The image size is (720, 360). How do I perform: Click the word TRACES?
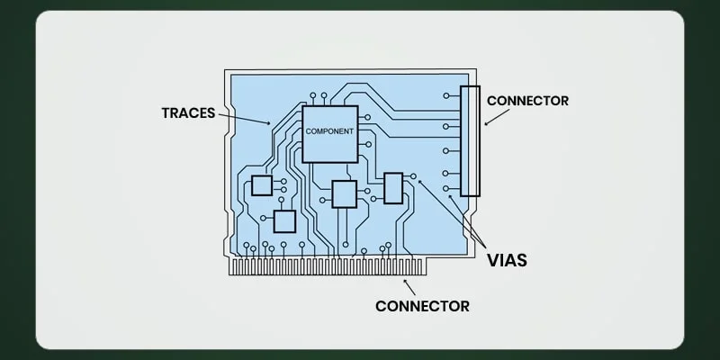click(188, 113)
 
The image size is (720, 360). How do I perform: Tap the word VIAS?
click(507, 261)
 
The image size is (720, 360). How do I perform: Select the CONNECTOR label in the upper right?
click(527, 101)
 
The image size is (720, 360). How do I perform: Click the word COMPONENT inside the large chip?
click(329, 131)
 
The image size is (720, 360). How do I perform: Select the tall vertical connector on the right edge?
click(470, 140)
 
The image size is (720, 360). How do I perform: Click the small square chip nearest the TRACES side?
click(262, 185)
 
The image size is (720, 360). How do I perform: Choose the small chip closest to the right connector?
click(392, 187)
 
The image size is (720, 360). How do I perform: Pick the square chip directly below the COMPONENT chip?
click(344, 193)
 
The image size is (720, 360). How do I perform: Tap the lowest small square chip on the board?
click(284, 221)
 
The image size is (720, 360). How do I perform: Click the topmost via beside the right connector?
click(446, 94)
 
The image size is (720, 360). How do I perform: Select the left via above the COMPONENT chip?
click(312, 94)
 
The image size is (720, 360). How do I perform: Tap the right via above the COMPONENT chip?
click(324, 94)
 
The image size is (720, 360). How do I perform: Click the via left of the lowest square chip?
click(262, 217)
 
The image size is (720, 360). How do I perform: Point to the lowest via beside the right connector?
click(446, 189)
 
